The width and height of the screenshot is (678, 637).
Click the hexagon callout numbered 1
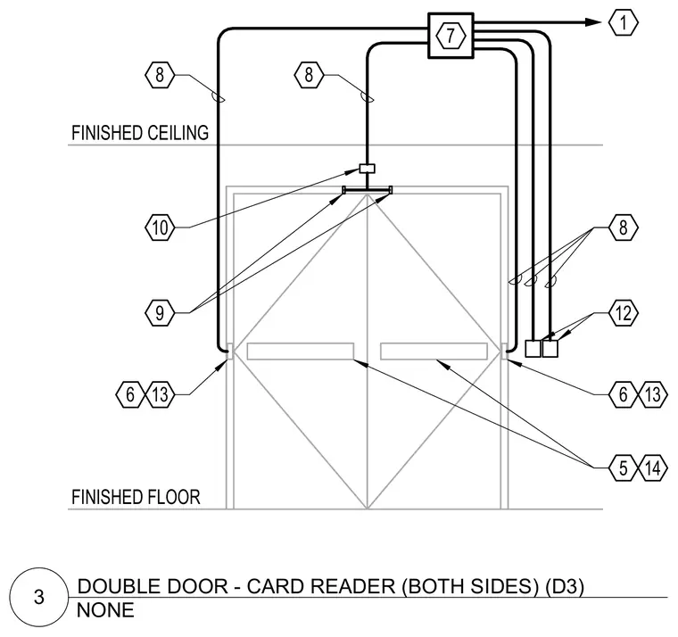pyautogui.click(x=623, y=22)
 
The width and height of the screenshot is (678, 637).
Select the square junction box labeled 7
pyautogui.click(x=451, y=36)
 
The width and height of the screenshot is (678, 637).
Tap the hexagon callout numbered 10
pyautogui.click(x=160, y=227)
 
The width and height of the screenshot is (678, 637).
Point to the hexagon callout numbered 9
pyautogui.click(x=160, y=312)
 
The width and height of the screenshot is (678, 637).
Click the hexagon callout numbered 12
pyautogui.click(x=623, y=312)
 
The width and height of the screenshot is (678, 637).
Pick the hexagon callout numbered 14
pyautogui.click(x=653, y=467)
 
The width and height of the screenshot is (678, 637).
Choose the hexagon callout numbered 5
pyautogui.click(x=623, y=467)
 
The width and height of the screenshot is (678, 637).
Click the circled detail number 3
pyautogui.click(x=39, y=597)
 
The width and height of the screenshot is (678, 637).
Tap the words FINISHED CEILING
pyautogui.click(x=140, y=133)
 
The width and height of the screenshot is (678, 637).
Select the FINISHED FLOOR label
pyautogui.click(x=136, y=497)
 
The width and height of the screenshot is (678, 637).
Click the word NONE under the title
pyautogui.click(x=105, y=610)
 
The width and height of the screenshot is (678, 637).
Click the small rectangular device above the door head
pyautogui.click(x=368, y=169)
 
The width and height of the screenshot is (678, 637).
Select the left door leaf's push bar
pyautogui.click(x=301, y=352)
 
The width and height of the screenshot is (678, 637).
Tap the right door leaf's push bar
pyautogui.click(x=434, y=352)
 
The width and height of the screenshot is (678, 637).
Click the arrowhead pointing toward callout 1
pyautogui.click(x=593, y=22)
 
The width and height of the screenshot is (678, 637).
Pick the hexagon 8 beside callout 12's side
pyautogui.click(x=623, y=227)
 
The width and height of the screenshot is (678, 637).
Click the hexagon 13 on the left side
pyautogui.click(x=160, y=394)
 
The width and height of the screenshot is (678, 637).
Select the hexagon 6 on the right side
pyautogui.click(x=623, y=394)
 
